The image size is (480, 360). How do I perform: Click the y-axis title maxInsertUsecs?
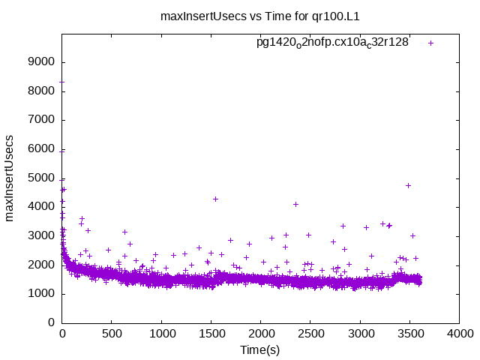[10, 178]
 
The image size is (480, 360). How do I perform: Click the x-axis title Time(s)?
[260, 350]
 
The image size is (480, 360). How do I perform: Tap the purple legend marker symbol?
[430, 43]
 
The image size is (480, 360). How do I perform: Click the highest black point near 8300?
[62, 82]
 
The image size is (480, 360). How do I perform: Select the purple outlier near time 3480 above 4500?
[408, 185]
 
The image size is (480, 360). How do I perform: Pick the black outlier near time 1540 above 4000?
[215, 199]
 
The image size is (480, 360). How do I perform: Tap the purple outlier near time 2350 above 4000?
[295, 204]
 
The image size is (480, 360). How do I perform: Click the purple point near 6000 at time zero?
[62, 151]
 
